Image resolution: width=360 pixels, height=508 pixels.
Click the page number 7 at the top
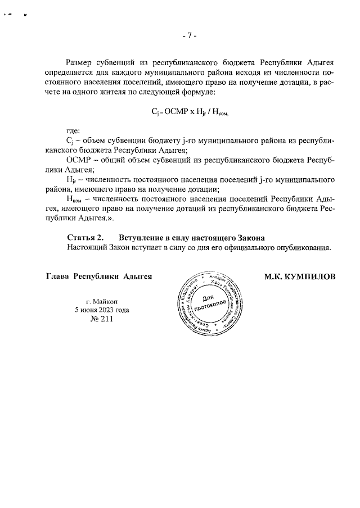click(189, 36)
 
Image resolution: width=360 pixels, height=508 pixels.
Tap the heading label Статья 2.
click(85, 237)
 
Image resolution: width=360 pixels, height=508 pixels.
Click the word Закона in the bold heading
click(251, 237)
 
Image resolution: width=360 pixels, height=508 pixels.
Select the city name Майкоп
click(105, 301)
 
